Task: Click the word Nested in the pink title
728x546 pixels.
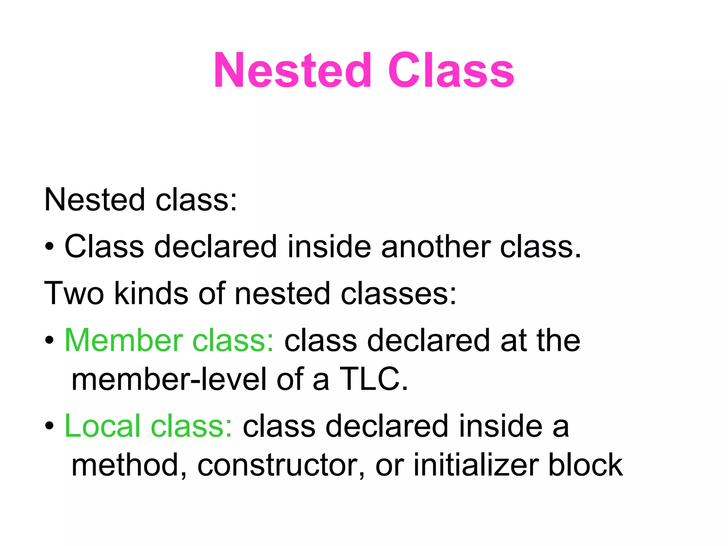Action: coord(292,70)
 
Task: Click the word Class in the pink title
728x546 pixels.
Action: coord(451,70)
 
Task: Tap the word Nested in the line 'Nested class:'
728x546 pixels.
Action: coord(95,200)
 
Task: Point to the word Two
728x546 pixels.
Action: coord(74,293)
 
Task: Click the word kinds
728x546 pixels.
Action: coord(151,293)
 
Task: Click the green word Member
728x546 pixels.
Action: coord(124,340)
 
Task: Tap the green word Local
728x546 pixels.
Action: coord(102,426)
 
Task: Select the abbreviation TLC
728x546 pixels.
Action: coord(373,379)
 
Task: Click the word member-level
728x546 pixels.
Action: coord(169,379)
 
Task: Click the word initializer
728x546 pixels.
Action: coord(476,465)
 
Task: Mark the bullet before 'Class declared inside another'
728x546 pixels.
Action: coord(49,246)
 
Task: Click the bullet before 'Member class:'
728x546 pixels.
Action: coord(49,340)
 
